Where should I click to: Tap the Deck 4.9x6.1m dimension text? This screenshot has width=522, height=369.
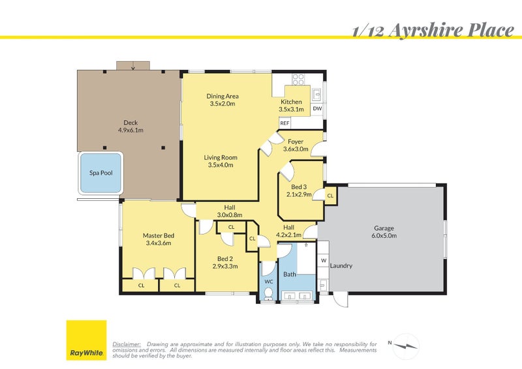click(130, 130)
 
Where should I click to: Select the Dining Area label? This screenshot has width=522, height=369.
click(222, 96)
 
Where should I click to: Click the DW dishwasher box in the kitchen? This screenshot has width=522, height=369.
click(317, 108)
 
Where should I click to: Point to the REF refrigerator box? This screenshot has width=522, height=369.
click(284, 123)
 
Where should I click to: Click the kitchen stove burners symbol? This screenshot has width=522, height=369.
click(298, 80)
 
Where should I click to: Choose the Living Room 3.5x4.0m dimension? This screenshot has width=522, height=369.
click(221, 165)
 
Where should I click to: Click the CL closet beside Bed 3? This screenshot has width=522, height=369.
click(330, 195)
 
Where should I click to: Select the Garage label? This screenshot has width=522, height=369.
click(384, 228)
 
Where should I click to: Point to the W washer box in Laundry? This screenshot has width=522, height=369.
click(323, 261)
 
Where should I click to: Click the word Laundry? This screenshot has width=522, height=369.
click(341, 266)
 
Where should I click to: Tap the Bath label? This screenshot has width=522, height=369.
click(290, 274)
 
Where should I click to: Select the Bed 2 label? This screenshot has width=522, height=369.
click(224, 258)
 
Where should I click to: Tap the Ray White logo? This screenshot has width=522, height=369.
click(86, 340)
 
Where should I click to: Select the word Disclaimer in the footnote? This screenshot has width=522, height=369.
click(127, 344)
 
